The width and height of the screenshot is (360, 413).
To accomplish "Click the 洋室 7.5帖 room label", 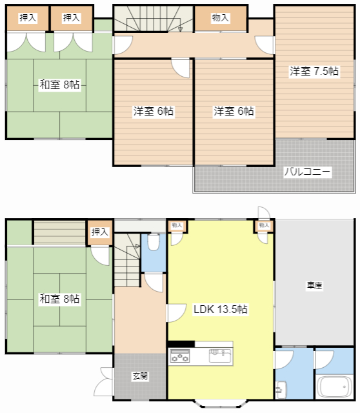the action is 314,71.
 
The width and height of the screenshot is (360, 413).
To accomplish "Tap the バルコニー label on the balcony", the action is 307,172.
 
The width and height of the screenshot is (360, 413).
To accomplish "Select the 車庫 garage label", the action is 314,285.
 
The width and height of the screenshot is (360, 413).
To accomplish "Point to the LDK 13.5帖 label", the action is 221,309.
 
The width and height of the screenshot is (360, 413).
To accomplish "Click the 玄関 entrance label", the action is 140,376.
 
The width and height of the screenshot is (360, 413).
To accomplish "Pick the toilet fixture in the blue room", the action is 154,243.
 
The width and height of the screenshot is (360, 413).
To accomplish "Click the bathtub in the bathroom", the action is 335,387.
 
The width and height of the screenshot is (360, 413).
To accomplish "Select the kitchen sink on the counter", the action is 220,356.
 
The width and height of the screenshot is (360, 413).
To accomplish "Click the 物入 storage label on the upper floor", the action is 221,18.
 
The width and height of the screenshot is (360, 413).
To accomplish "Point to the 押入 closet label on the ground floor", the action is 100,232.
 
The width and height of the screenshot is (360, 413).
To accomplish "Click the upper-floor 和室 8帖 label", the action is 59,85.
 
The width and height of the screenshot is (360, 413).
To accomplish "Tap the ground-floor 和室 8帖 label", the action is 59,299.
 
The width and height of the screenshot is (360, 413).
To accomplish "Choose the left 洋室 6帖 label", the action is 154,111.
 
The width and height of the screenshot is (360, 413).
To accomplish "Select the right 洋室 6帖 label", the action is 234,111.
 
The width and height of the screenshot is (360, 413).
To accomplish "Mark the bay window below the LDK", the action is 221,403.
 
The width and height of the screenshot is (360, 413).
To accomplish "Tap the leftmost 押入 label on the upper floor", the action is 28,18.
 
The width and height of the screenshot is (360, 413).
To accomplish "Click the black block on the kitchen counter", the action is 181,344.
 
